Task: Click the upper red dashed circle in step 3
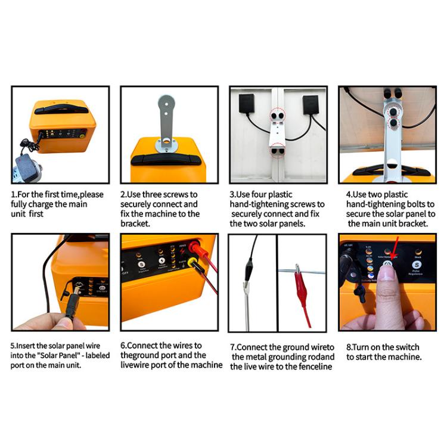[278, 114]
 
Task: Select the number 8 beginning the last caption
[348, 347]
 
